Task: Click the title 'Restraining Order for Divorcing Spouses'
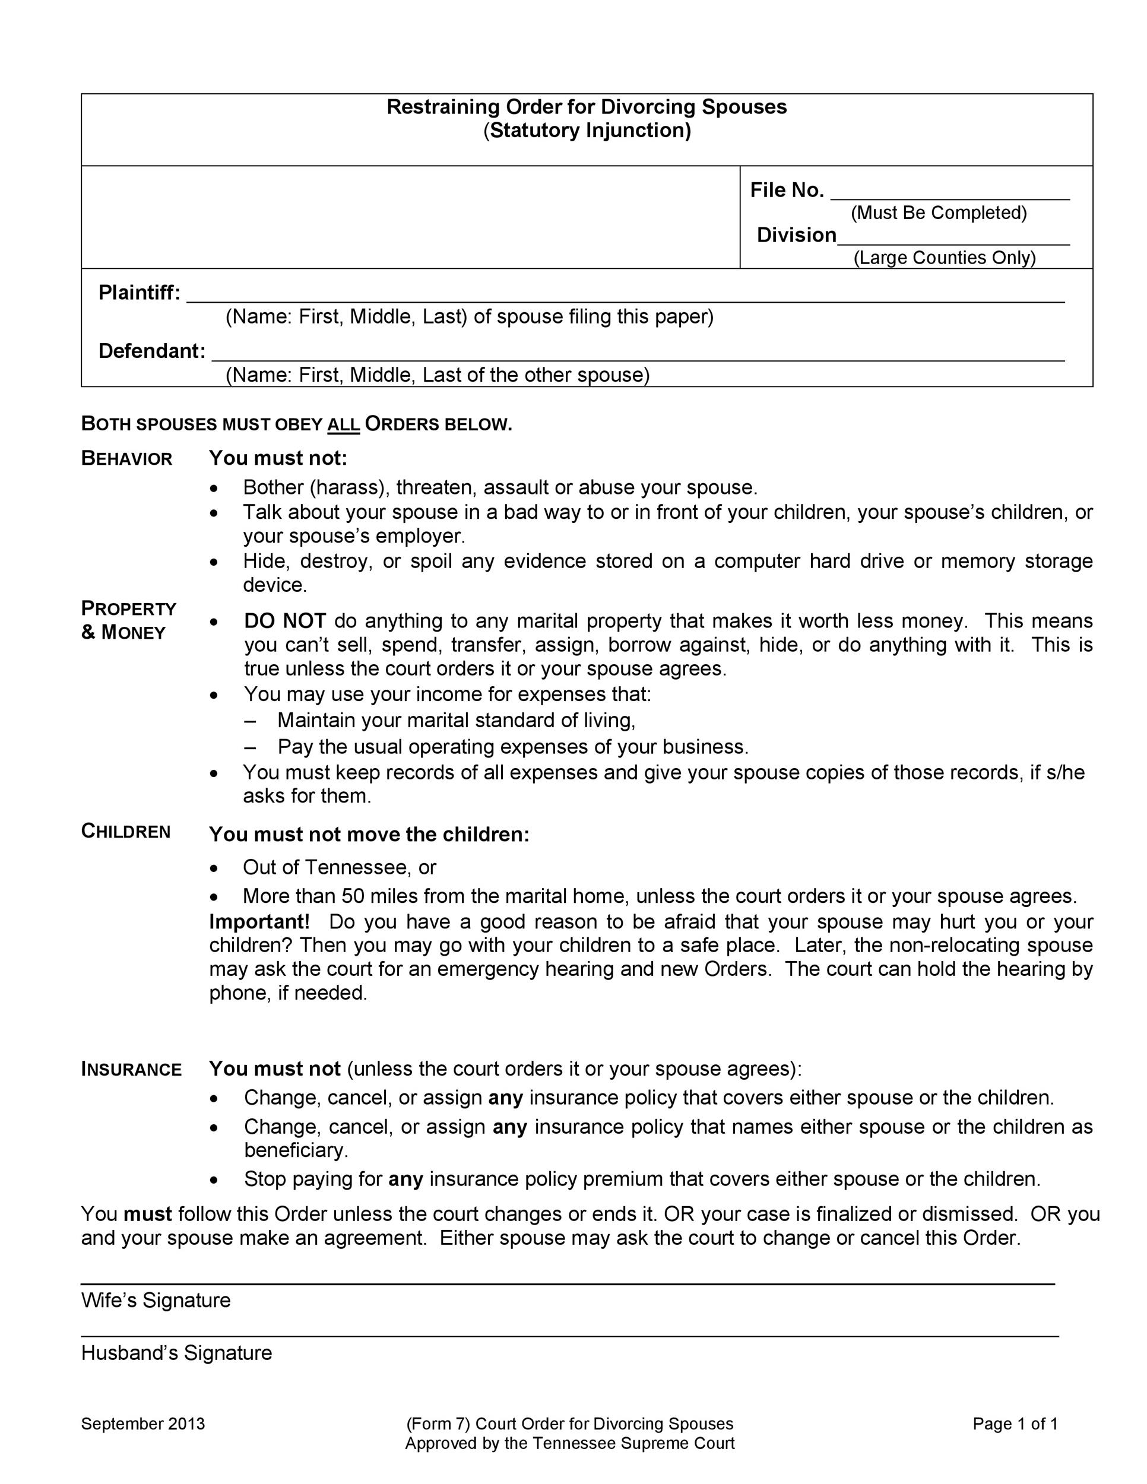point(587,107)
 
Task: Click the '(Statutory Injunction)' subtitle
point(587,130)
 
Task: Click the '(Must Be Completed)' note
point(939,213)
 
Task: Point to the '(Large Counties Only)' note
point(944,258)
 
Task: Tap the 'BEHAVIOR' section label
point(127,459)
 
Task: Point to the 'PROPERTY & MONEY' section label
point(128,620)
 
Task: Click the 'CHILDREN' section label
point(126,831)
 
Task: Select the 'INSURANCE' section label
point(131,1069)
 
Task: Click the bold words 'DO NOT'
point(285,620)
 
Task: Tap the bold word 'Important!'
point(259,921)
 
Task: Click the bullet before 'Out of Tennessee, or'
point(215,868)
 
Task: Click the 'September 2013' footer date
point(142,1423)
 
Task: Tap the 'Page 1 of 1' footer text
point(1015,1423)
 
